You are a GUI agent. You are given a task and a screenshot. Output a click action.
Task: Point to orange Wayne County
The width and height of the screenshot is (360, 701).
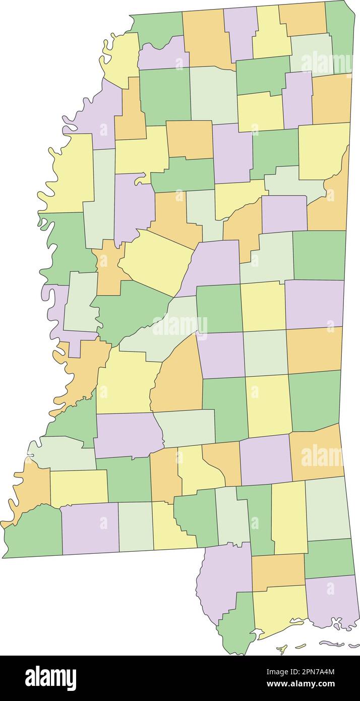point(315,454)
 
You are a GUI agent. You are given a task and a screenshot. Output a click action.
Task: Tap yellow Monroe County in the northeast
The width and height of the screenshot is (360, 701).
point(323,151)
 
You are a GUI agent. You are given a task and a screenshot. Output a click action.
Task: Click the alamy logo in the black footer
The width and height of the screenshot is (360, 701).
point(50,678)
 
